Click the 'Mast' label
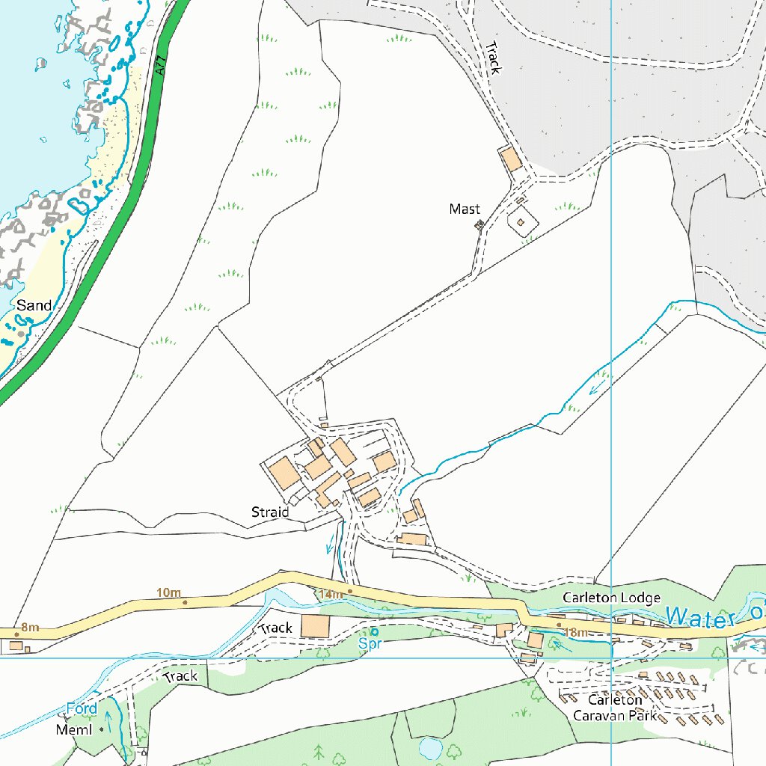coord(465,209)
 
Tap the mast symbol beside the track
coord(479,224)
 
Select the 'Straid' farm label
coord(269,512)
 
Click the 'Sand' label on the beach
coord(34,305)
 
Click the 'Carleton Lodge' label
coord(611,598)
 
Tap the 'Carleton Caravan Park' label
coord(614,708)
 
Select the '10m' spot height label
coord(168,593)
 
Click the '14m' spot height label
coord(330,594)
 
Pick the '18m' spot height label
coord(576,633)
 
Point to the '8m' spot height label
coord(30,628)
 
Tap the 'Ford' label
coord(82,708)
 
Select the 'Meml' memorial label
coord(74,729)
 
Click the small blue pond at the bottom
coord(430,747)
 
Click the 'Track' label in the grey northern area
coord(493,58)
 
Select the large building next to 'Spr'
coord(315,626)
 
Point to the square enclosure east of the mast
coord(521,221)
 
